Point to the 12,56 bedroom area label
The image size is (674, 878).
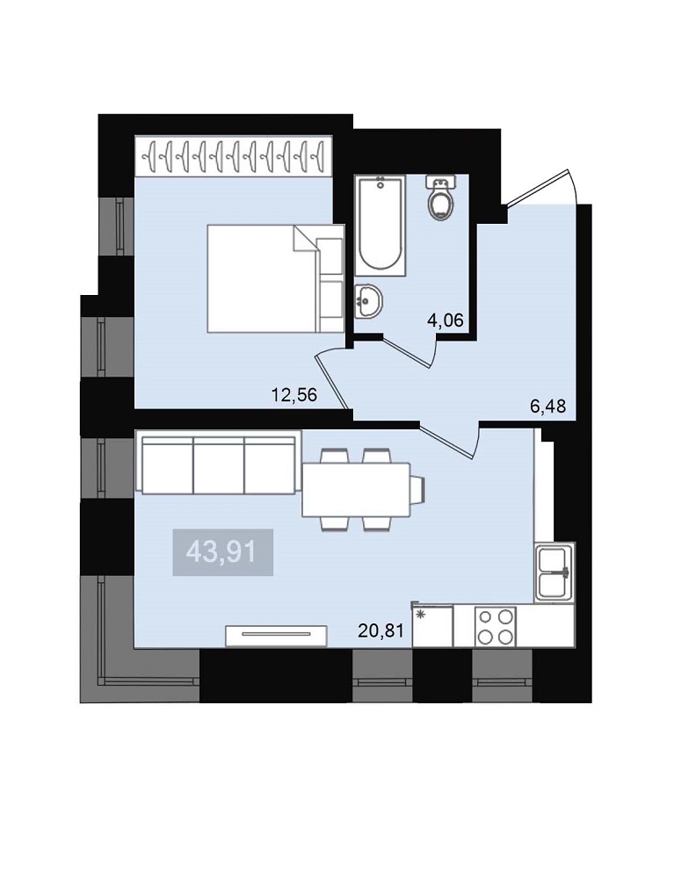(x=294, y=395)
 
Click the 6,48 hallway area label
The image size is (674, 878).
(x=548, y=406)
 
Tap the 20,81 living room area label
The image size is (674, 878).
(x=380, y=631)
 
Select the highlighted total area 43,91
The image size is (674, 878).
(x=222, y=552)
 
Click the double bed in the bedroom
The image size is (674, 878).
(x=275, y=279)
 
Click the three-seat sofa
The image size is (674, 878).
(x=219, y=463)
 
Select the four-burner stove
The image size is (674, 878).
(x=496, y=627)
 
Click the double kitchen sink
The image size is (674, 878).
(x=554, y=572)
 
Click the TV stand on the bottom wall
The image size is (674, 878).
(x=276, y=636)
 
